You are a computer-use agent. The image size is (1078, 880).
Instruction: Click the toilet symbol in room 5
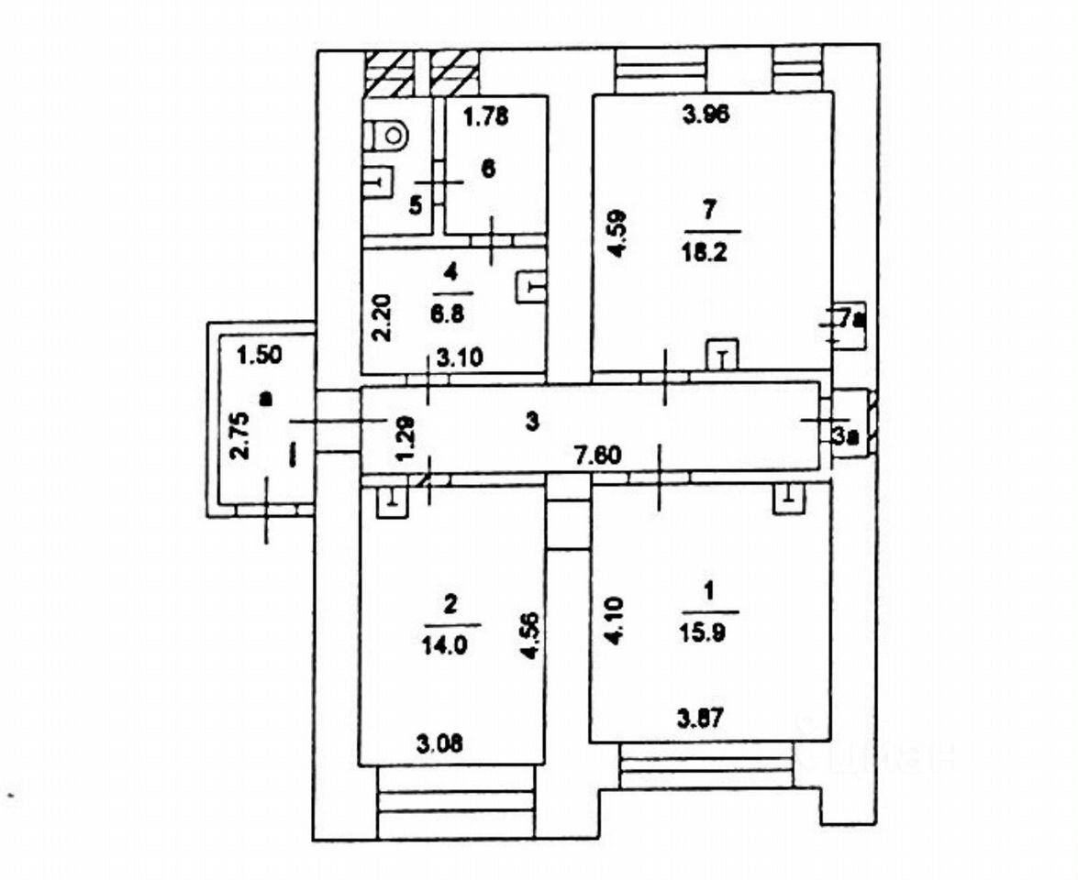392,137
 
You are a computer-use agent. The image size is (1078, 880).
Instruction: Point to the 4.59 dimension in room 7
621,235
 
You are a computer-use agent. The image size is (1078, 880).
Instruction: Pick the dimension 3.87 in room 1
702,719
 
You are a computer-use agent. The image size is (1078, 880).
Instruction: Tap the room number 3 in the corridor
531,421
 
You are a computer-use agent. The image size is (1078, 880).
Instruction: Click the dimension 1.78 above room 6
485,116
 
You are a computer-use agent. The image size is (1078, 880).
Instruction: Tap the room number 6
487,169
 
